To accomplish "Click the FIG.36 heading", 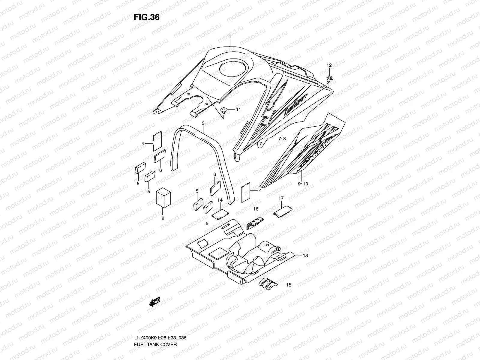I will coord(146,17).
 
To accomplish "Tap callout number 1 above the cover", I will coord(230,36).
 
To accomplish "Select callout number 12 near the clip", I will coord(329,65).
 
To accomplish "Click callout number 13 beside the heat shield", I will coord(305,256).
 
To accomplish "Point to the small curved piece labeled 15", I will coord(267,284).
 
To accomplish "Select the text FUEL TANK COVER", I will coord(155,328).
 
